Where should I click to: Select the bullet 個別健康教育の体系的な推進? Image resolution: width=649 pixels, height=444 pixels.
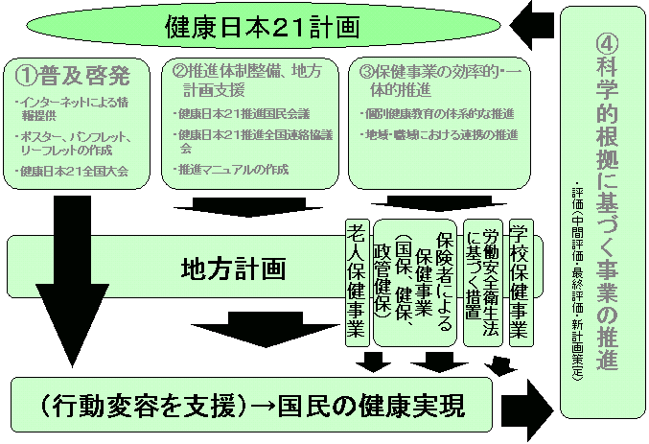441,114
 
